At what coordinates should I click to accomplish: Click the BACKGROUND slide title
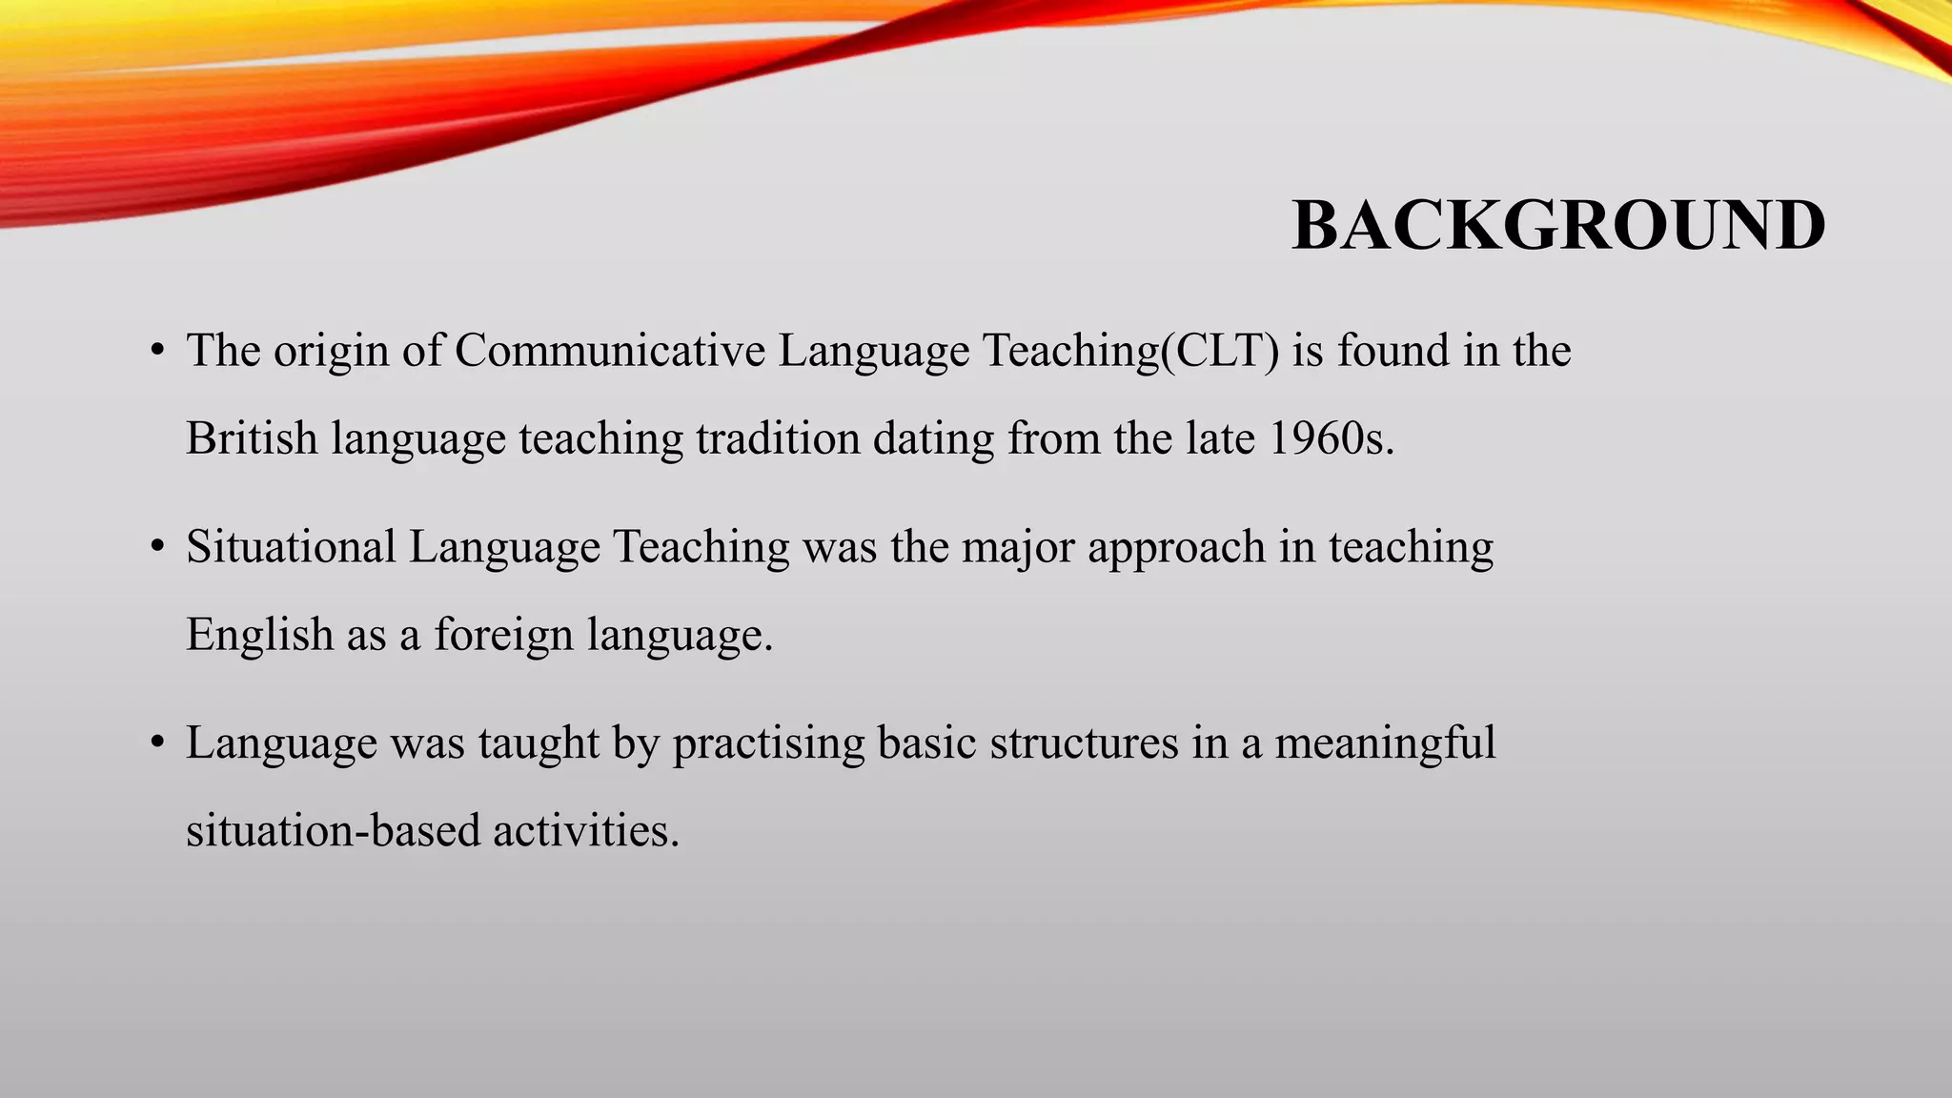1558,226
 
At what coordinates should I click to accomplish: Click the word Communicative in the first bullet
610,351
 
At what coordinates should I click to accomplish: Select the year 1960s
1332,438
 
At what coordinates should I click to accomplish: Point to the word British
252,438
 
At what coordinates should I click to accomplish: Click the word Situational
291,547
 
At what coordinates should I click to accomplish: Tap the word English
259,635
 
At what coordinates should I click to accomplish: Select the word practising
768,743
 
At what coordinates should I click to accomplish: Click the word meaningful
1385,743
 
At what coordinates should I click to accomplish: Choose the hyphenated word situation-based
333,830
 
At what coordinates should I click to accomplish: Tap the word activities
585,830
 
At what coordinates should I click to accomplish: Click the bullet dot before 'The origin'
158,351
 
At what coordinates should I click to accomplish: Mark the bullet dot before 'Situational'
158,547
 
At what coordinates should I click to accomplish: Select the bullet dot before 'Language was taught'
158,743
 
